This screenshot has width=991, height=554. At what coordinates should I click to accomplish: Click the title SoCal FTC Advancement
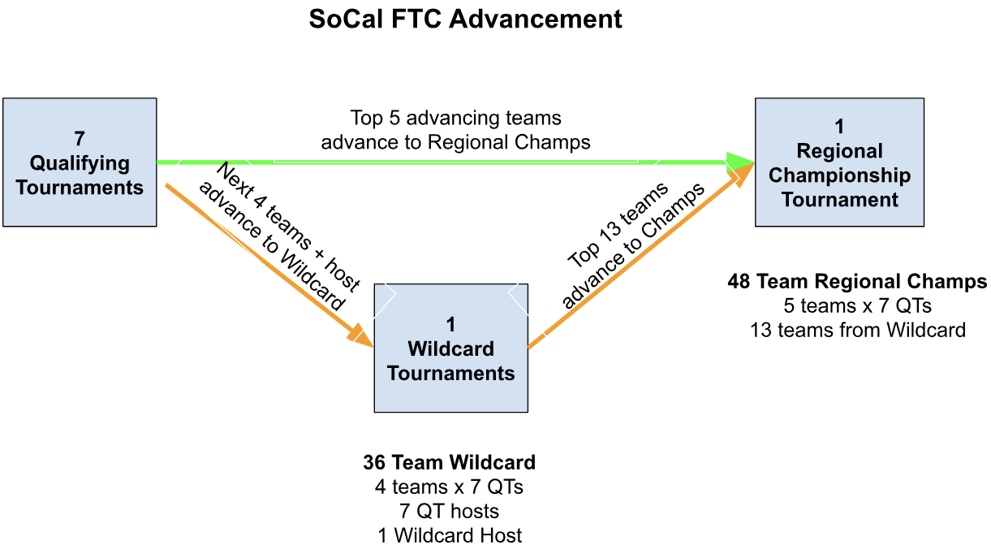click(465, 19)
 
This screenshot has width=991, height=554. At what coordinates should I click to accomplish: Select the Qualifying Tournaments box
click(80, 162)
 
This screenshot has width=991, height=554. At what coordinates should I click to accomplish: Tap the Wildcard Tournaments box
click(450, 348)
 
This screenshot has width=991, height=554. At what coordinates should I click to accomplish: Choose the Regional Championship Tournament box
click(839, 162)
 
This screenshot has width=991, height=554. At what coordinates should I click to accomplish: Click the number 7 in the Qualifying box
click(80, 139)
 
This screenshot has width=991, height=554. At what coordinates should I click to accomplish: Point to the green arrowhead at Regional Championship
click(739, 162)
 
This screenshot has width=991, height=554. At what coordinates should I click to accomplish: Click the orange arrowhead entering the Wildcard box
click(360, 335)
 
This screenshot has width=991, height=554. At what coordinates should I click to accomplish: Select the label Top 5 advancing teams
click(455, 119)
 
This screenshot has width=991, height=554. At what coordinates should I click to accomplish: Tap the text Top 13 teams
click(618, 225)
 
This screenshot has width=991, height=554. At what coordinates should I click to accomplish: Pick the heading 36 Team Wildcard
click(450, 462)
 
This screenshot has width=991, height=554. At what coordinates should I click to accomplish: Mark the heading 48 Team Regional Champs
click(857, 281)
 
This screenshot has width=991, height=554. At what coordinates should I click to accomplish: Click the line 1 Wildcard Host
click(450, 535)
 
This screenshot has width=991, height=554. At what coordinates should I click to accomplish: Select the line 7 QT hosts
click(450, 511)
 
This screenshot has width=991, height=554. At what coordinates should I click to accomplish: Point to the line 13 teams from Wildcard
click(858, 330)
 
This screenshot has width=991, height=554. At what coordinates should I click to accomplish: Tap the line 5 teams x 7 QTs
click(857, 305)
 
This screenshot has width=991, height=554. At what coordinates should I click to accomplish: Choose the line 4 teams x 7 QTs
click(449, 487)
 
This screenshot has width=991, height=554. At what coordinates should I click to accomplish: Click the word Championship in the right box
click(839, 175)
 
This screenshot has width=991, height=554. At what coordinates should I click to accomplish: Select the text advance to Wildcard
click(271, 246)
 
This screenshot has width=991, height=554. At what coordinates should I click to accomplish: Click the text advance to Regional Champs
click(455, 143)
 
